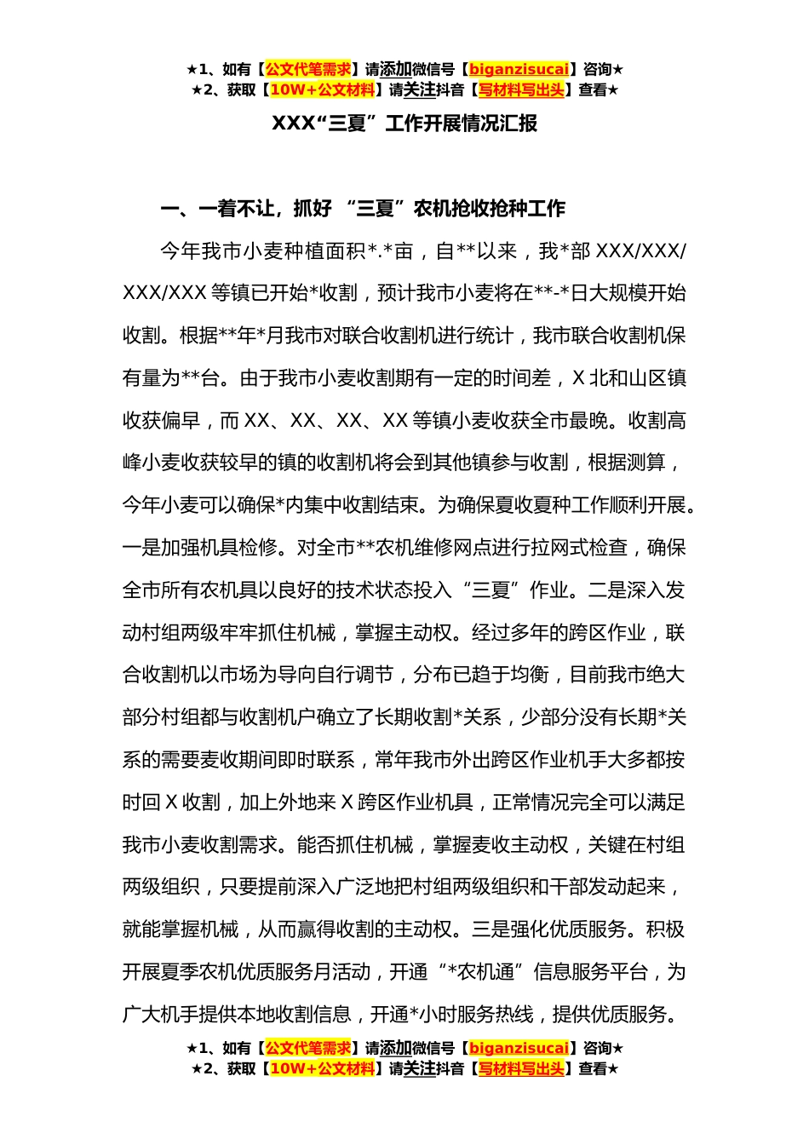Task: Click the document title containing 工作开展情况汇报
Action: coord(404,124)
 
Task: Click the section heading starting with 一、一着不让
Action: coord(364,209)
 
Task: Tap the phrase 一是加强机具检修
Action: coord(200,548)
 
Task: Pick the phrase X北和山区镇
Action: coord(629,378)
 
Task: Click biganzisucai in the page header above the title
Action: coord(519,69)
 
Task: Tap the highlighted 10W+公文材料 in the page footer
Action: coord(322,1068)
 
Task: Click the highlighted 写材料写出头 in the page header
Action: coord(521,89)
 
